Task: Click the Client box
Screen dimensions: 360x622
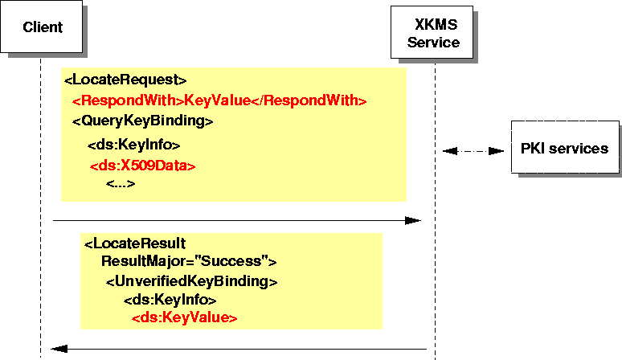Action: coord(43,28)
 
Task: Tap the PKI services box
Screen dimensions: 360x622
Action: coord(564,148)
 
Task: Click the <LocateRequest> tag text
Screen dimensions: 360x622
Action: coord(125,80)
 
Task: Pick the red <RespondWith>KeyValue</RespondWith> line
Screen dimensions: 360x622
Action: coord(219,101)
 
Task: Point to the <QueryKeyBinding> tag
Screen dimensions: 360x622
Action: coord(142,122)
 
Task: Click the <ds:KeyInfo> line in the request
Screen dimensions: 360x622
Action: coord(133,145)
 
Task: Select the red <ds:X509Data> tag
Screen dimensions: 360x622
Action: coord(142,166)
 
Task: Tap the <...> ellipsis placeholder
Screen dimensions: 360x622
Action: coord(121,184)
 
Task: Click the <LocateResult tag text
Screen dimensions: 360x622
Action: coord(135,243)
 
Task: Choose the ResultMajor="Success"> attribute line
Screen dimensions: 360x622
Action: coord(189,261)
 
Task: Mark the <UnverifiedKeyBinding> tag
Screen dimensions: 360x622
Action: coord(191,281)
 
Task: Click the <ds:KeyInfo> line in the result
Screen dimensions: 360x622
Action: coord(170,300)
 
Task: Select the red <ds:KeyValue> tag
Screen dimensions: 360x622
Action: coord(185,318)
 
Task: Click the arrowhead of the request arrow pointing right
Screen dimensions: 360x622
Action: coord(413,219)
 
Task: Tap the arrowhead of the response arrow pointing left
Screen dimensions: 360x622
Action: coord(58,349)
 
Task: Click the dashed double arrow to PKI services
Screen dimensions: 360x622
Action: coord(473,150)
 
